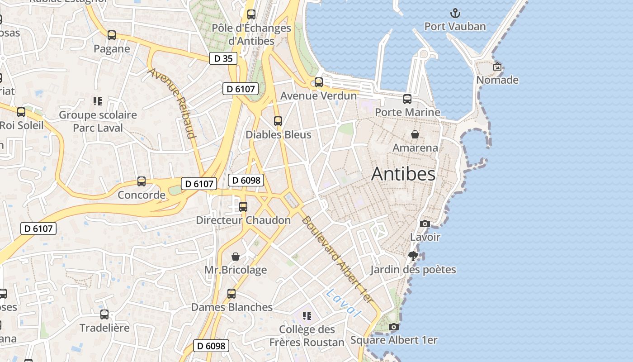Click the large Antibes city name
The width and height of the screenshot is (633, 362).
tap(403, 174)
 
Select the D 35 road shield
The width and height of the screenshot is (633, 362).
tap(223, 58)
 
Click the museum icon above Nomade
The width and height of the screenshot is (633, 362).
tap(497, 67)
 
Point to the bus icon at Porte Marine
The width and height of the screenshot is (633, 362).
tap(407, 99)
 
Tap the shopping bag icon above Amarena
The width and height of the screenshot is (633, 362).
tap(415, 134)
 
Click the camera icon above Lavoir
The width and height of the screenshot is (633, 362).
tap(425, 224)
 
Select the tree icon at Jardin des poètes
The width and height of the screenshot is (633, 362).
tap(413, 256)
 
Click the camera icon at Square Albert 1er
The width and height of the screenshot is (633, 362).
tap(394, 327)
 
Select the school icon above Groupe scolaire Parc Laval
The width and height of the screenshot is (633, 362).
tap(98, 101)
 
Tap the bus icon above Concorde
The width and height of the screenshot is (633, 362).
tap(142, 181)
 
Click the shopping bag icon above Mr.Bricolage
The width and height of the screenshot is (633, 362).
tap(236, 257)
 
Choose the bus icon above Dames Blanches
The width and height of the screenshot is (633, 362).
tap(231, 294)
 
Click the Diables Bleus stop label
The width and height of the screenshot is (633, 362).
tap(278, 135)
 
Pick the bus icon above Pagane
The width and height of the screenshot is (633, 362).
tap(112, 35)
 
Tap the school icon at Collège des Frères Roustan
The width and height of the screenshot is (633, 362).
tap(307, 316)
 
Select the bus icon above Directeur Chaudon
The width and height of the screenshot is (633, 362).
tap(243, 207)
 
